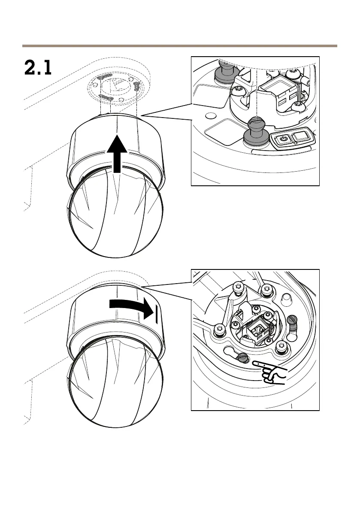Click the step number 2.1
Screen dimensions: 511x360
click(37, 68)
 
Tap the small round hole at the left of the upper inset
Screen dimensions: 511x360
click(210, 116)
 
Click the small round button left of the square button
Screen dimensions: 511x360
click(282, 139)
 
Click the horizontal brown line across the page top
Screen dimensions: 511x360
click(180, 46)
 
